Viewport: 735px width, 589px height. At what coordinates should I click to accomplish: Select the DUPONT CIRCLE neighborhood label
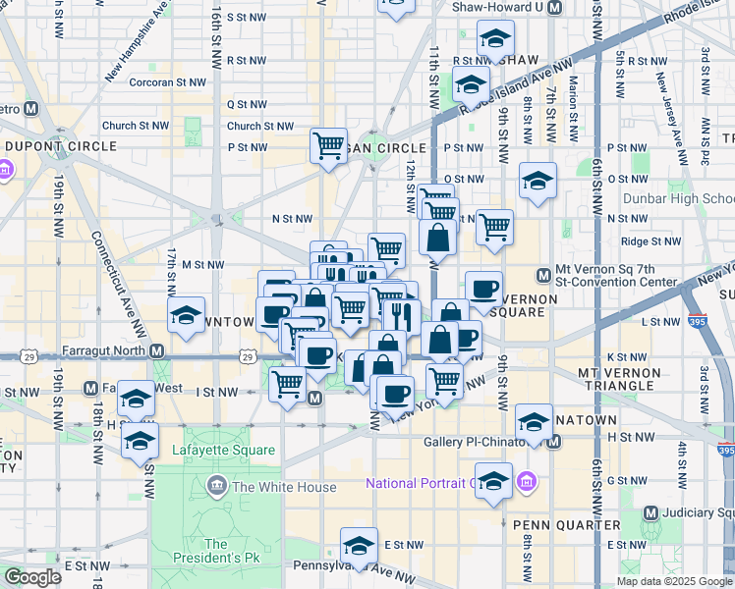[x=61, y=146]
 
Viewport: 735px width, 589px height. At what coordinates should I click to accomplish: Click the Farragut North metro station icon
[x=157, y=350]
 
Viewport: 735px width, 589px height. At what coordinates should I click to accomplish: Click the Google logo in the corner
[x=32, y=576]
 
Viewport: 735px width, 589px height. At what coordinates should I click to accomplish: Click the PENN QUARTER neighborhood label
[x=567, y=525]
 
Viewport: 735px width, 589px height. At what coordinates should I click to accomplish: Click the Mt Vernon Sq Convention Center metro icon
[x=541, y=275]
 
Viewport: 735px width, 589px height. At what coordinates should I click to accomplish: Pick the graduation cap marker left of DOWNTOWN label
[x=186, y=315]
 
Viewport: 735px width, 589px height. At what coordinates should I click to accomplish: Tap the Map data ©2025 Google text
[x=674, y=581]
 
